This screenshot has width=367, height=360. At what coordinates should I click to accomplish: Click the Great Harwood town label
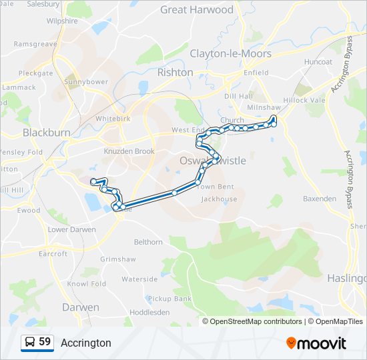click(197, 10)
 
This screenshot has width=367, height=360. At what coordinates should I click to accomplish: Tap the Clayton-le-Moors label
click(230, 53)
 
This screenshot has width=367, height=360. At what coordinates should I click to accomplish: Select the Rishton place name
click(175, 72)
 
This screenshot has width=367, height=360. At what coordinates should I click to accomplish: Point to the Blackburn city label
click(47, 133)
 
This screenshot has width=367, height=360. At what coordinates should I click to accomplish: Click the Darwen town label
click(81, 307)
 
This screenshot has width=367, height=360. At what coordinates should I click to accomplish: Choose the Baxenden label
click(320, 199)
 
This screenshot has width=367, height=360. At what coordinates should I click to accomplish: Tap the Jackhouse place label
click(219, 199)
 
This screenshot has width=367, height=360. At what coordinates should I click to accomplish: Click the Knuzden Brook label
click(129, 151)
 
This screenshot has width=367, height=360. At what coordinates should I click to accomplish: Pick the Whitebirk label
click(111, 119)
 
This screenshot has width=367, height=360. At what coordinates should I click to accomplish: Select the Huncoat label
click(317, 61)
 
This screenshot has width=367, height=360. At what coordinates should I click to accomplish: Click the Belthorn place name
click(148, 242)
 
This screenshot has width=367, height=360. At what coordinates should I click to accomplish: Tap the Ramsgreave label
click(35, 44)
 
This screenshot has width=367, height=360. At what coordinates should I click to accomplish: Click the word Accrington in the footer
click(86, 343)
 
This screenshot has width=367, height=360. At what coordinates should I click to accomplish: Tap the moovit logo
click(316, 343)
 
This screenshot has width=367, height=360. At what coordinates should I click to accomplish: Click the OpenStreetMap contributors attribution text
click(256, 321)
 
